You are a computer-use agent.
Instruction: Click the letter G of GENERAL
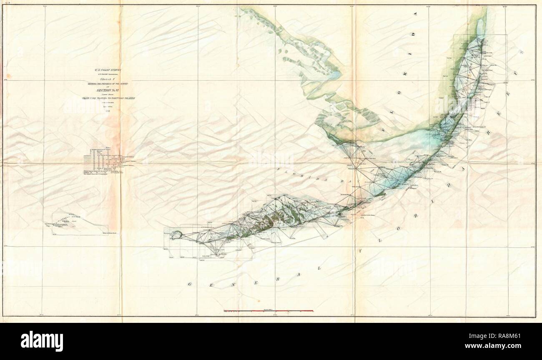189,284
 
